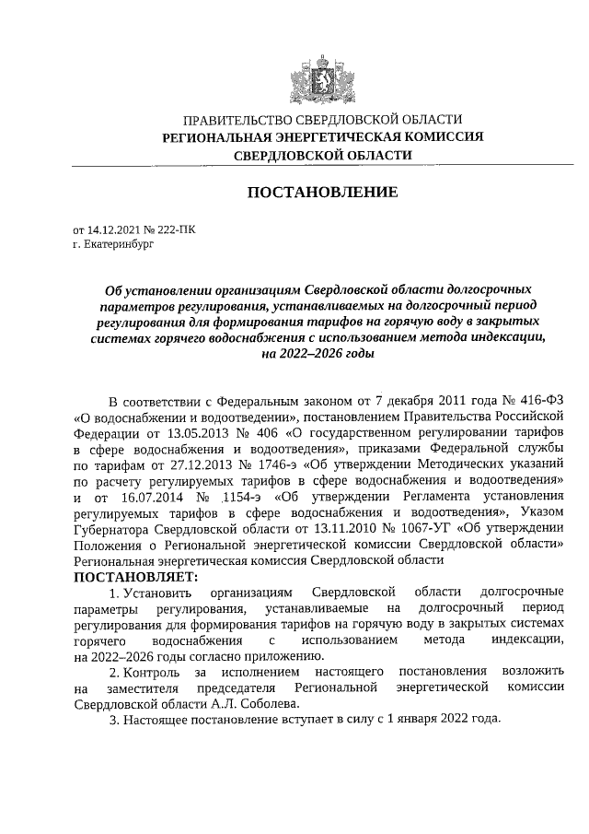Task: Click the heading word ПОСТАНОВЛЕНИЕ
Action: (322, 193)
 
